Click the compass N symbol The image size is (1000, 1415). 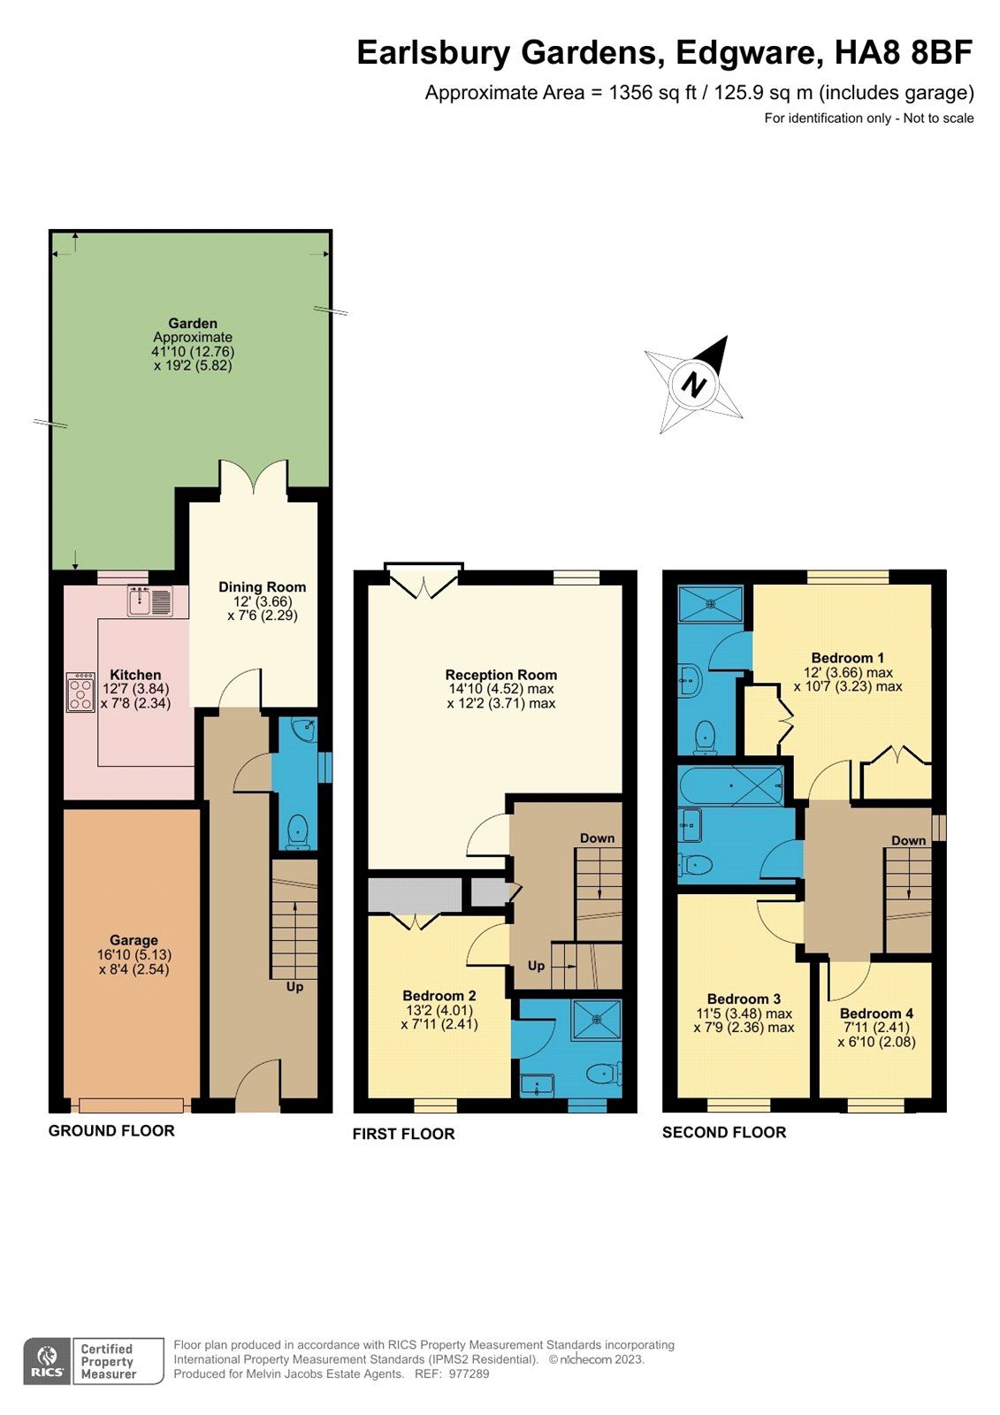[x=696, y=386]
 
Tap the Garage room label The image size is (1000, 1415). [x=134, y=940]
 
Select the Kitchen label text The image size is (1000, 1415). [x=135, y=675]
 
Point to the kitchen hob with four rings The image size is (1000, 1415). [x=80, y=692]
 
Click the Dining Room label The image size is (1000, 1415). [x=263, y=586]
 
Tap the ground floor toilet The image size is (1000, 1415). [x=298, y=831]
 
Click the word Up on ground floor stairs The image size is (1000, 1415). [x=294, y=986]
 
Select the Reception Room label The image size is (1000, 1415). [x=501, y=675]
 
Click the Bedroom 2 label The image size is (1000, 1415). [x=439, y=996]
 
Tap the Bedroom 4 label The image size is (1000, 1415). [x=876, y=1013]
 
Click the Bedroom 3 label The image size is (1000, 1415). [x=744, y=999]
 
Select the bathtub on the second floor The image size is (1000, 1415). [x=730, y=785]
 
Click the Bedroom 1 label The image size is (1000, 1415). [x=848, y=658]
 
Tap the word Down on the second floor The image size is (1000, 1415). [x=908, y=840]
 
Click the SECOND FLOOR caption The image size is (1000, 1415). [x=724, y=1132]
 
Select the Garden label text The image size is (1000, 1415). [x=193, y=324]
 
